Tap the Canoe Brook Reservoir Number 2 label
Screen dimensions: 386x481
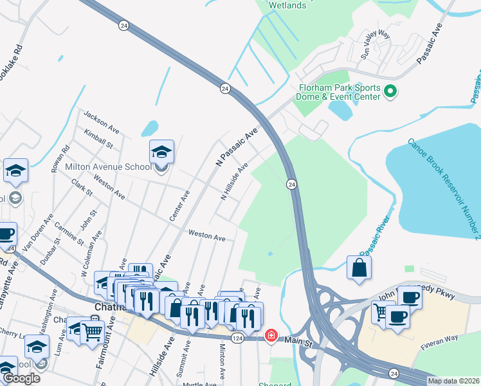444,187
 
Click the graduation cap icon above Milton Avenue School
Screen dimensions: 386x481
161,152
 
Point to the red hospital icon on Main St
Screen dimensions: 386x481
271,335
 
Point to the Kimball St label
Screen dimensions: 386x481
98,138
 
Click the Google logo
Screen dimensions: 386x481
21,378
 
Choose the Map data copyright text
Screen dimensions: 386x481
453,381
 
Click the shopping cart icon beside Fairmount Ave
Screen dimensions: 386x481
92,331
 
